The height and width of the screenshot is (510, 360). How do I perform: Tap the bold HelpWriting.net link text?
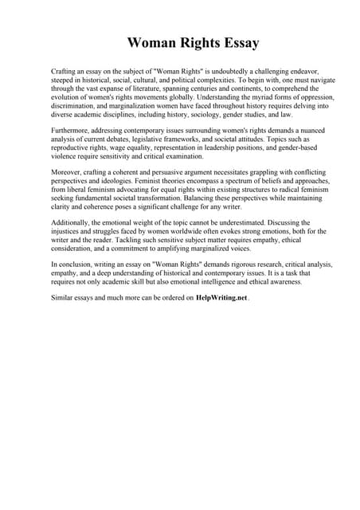coord(221,297)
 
